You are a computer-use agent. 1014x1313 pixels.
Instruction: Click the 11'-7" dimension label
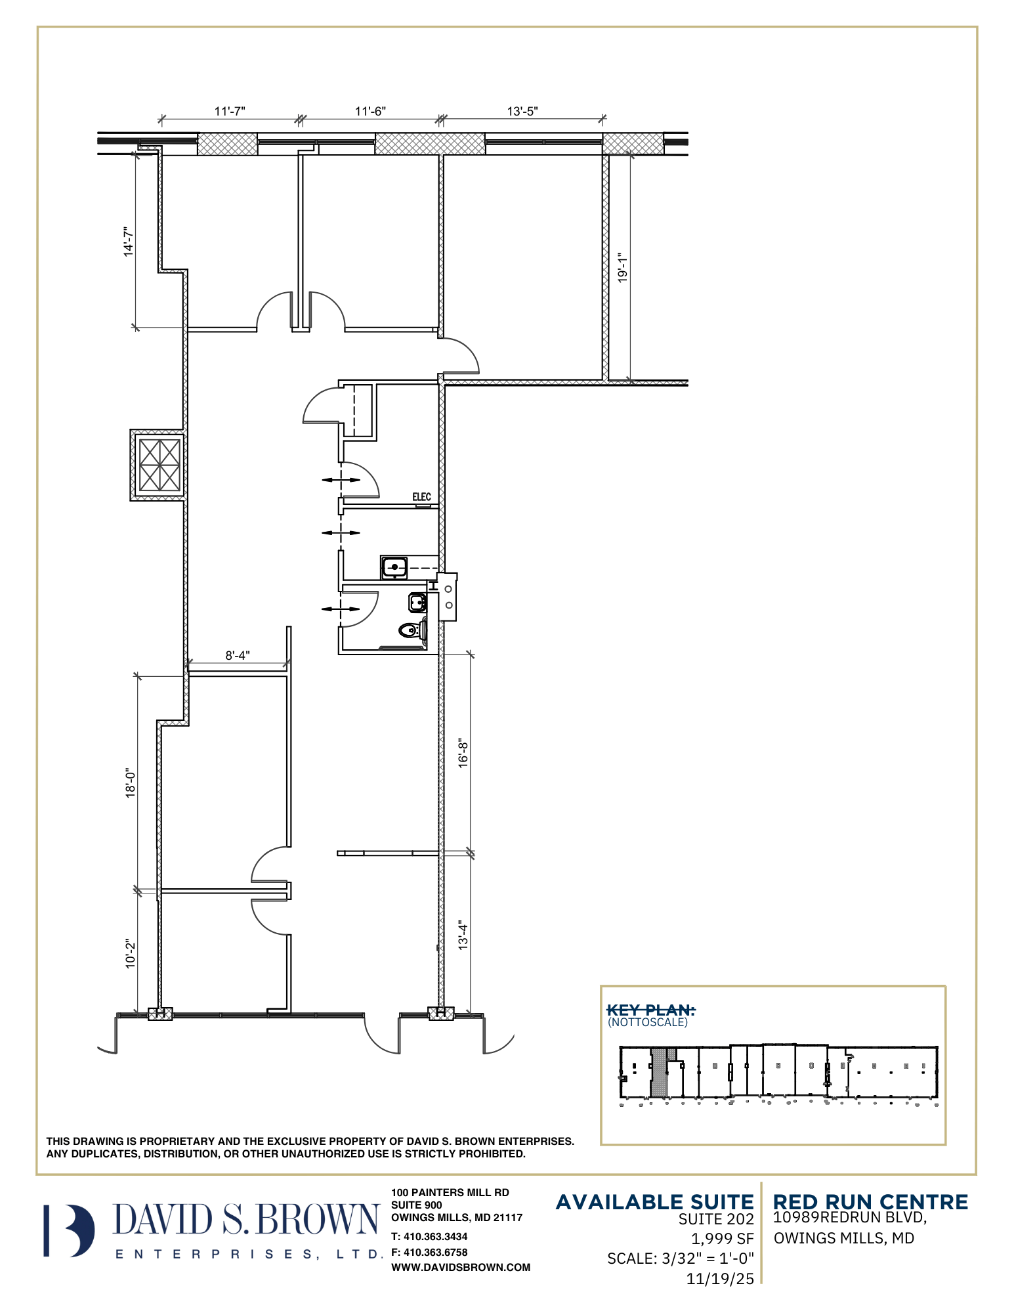230,111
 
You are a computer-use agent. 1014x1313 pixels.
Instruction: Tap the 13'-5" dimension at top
522,111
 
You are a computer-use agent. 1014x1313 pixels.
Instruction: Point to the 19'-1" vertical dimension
622,268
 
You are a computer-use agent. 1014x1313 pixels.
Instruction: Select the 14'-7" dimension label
129,242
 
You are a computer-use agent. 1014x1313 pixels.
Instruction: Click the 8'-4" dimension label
238,655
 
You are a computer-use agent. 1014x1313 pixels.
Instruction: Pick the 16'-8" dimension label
463,753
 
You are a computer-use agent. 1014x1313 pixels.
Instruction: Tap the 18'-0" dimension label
131,783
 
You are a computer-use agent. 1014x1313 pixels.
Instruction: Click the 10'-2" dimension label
131,953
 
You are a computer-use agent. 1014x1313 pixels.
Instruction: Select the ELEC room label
421,497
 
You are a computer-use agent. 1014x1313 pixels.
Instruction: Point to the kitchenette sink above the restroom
394,567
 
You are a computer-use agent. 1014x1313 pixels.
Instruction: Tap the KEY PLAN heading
650,1010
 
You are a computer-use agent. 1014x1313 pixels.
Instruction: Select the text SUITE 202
716,1219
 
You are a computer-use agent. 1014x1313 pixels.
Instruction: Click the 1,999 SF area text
723,1239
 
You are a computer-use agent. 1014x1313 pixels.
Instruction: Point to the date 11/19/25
720,1279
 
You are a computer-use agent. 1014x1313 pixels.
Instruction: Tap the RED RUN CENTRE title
870,1202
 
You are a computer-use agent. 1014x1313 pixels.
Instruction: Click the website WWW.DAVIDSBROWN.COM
461,1268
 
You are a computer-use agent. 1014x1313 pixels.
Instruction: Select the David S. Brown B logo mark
69,1231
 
